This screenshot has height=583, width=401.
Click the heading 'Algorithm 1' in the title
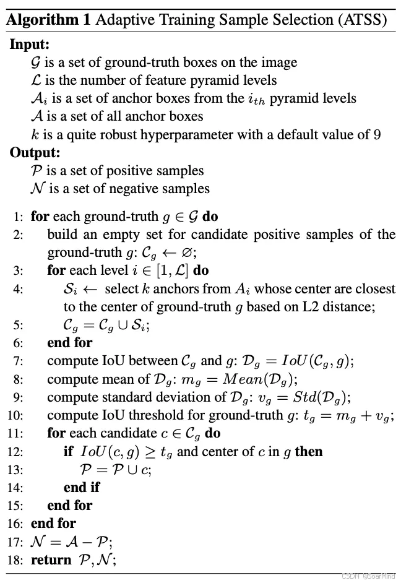point(48,19)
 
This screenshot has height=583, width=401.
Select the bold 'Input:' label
point(30,45)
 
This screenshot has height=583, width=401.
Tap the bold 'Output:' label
point(34,152)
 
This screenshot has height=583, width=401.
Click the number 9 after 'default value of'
point(377,134)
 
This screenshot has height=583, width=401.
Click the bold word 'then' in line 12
point(309,451)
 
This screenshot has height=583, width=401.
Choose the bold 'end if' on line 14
point(81,487)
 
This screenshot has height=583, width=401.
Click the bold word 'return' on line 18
point(51,559)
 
